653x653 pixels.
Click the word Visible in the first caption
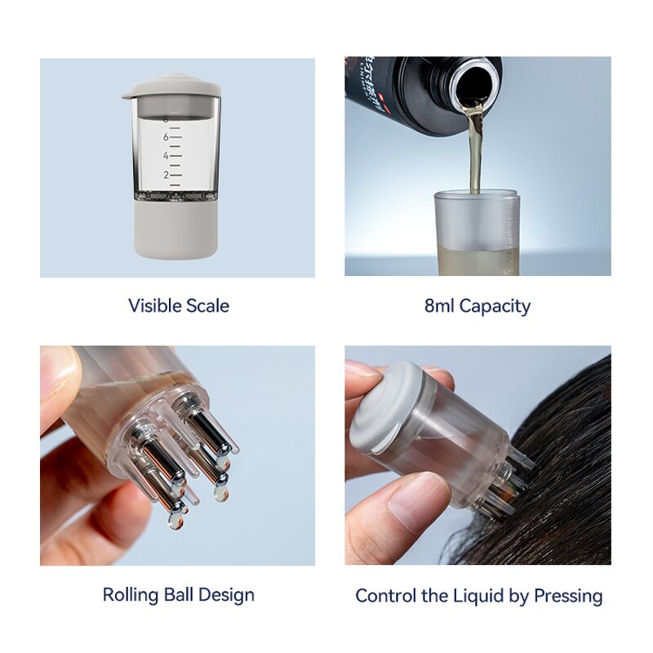click(153, 306)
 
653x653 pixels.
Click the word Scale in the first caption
click(205, 306)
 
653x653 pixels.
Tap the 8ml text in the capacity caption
click(439, 306)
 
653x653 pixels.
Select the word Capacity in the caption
click(495, 306)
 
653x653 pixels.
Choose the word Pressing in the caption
click(568, 596)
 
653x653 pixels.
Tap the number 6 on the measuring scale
click(166, 137)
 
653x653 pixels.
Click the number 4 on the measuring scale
click(166, 156)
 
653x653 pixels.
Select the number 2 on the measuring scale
click(166, 175)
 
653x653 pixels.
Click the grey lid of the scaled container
click(171, 86)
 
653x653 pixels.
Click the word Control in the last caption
click(386, 596)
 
